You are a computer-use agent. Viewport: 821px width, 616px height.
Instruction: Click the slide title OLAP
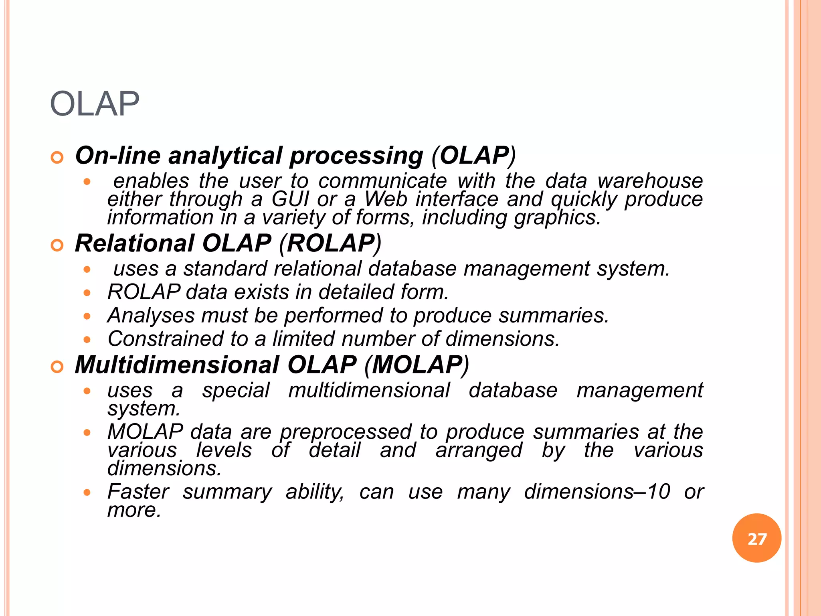click(95, 104)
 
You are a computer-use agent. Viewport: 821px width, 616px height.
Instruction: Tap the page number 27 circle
click(756, 538)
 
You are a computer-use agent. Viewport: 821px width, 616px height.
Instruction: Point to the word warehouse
click(650, 181)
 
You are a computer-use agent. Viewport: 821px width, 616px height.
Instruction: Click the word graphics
click(557, 218)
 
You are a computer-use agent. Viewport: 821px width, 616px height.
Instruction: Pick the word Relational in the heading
click(135, 243)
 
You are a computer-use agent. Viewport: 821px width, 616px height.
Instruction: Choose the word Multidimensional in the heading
click(177, 365)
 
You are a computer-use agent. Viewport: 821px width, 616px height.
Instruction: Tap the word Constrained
click(165, 339)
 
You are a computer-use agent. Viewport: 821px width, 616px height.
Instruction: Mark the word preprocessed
click(346, 432)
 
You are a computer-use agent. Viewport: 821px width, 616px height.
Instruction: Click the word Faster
click(138, 492)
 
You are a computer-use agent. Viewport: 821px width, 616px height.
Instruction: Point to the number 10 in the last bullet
click(659, 492)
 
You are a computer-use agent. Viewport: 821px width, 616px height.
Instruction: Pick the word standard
click(225, 269)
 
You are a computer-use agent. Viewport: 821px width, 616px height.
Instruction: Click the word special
click(236, 391)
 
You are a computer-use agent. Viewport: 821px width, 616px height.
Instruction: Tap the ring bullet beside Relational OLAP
click(57, 245)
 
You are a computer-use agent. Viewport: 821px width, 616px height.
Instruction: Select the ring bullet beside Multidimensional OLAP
click(57, 367)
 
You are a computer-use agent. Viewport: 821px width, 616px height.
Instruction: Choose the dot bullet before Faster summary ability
click(87, 493)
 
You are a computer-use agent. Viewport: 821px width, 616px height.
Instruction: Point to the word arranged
click(479, 450)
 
